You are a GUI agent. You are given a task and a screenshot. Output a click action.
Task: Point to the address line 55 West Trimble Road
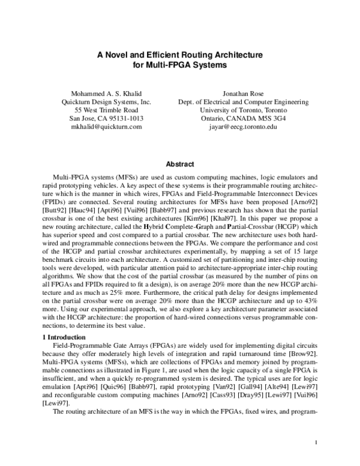pos(106,110)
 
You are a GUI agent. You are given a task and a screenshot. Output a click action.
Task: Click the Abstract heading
pos(180,164)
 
